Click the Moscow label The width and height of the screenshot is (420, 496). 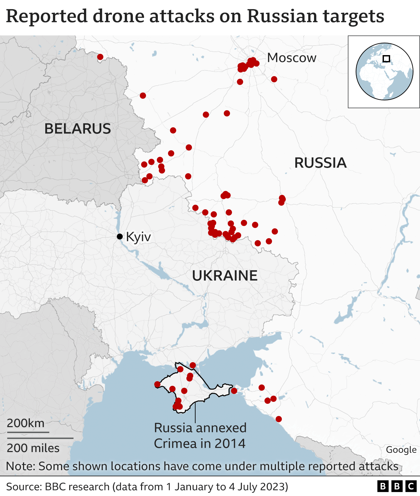pyautogui.click(x=291, y=58)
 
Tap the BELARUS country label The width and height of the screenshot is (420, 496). pyautogui.click(x=77, y=129)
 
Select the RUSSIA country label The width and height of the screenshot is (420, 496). pyautogui.click(x=320, y=163)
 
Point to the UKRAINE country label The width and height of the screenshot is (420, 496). pyautogui.click(x=225, y=276)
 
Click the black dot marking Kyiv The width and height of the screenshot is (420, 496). pyautogui.click(x=120, y=237)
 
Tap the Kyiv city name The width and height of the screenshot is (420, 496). pyautogui.click(x=138, y=237)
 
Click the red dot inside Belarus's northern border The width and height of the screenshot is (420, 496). pyautogui.click(x=100, y=57)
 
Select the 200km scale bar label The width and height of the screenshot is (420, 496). pyautogui.click(x=26, y=423)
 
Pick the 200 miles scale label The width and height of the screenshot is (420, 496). pyautogui.click(x=33, y=448)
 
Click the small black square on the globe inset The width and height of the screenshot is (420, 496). pyautogui.click(x=387, y=59)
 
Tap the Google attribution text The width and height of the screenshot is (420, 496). pyautogui.click(x=401, y=450)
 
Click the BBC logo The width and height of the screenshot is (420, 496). pyautogui.click(x=396, y=486)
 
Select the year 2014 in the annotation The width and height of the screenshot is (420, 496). pyautogui.click(x=230, y=444)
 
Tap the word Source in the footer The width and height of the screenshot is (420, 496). pyautogui.click(x=25, y=486)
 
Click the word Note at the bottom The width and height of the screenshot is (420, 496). pyautogui.click(x=20, y=466)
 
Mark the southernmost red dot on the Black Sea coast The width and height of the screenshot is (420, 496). pyautogui.click(x=279, y=419)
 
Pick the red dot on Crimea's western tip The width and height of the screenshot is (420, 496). pyautogui.click(x=157, y=384)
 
